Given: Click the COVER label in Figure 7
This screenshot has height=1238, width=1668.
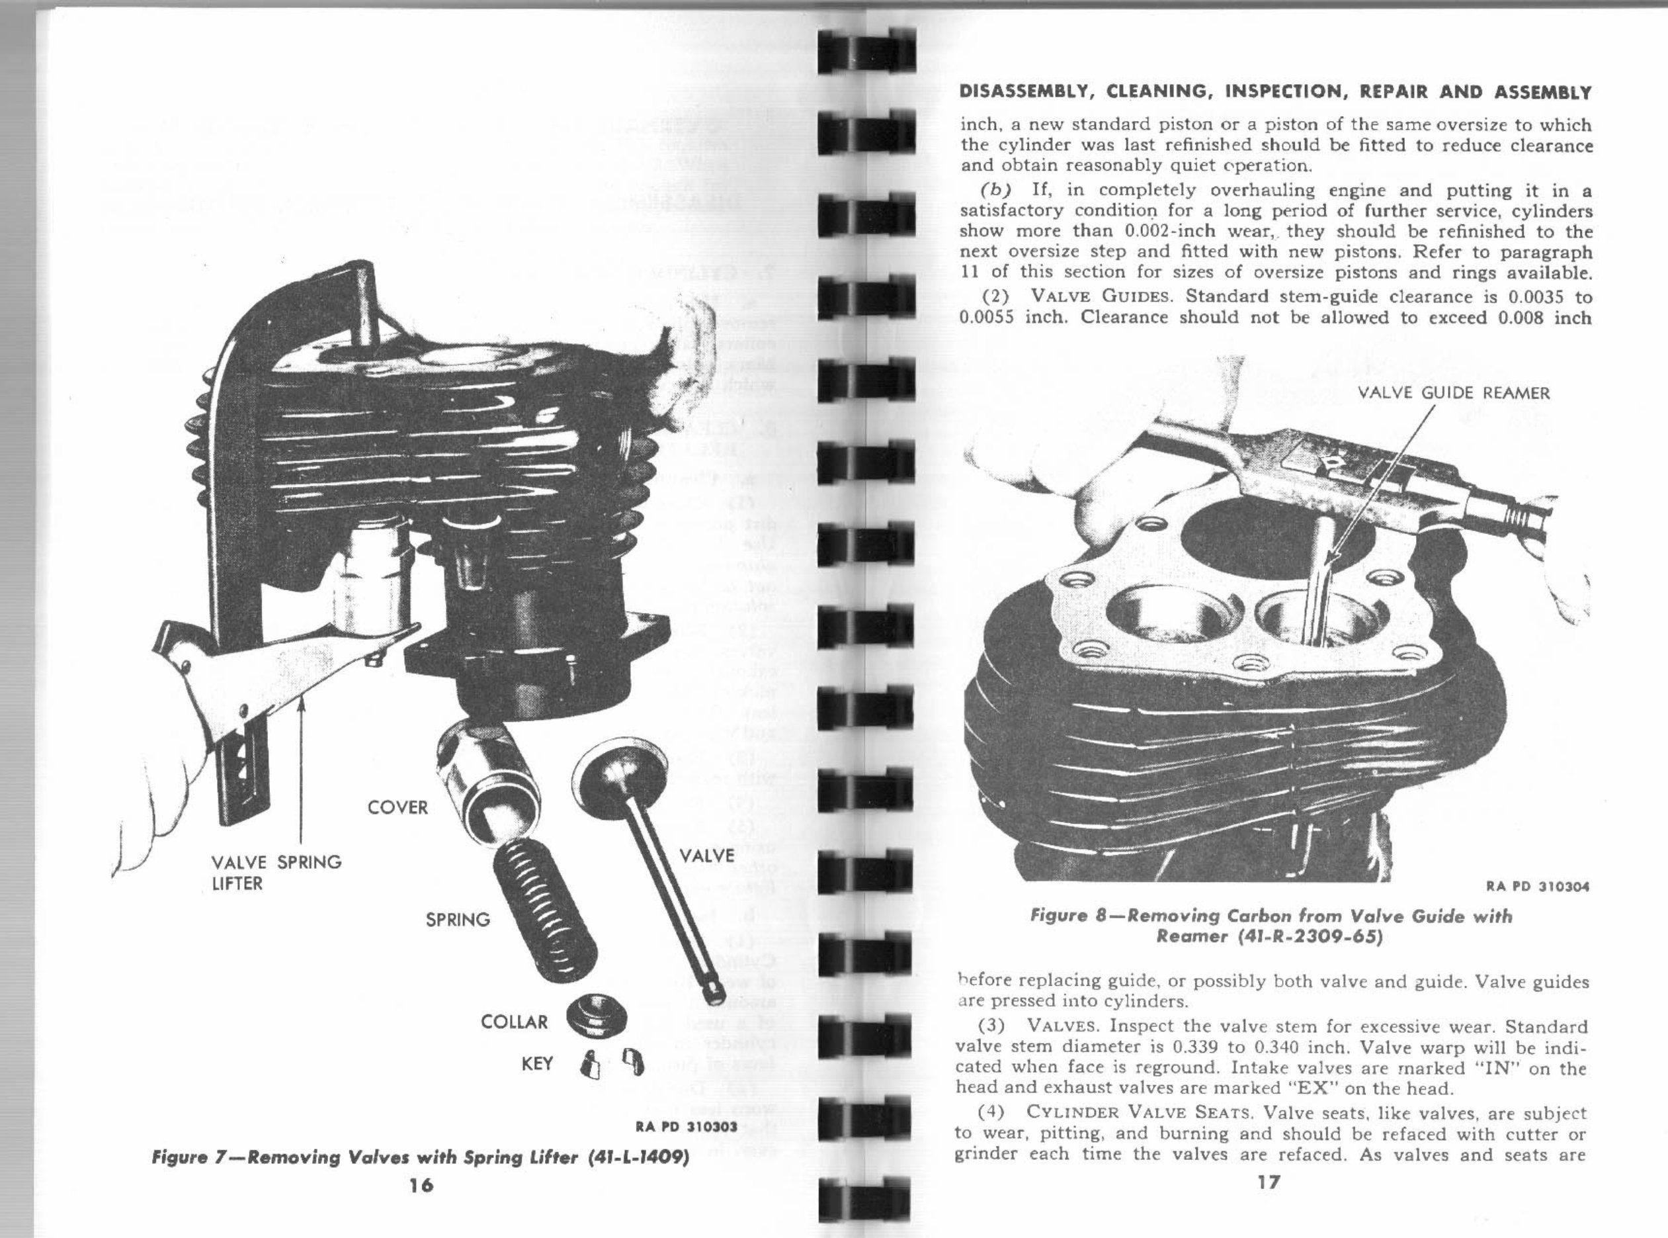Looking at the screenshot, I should point(397,808).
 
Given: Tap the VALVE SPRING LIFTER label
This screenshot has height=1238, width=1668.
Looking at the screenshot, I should point(276,872).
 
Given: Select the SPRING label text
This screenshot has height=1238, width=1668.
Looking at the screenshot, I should point(458,920).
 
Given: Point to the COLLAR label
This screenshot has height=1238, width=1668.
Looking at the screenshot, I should point(515,1022).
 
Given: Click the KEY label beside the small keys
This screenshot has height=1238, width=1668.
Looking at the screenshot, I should point(537,1063).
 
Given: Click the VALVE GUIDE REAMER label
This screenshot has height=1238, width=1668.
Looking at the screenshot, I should point(1454,394).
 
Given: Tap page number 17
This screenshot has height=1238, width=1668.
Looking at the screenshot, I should point(1269,1182).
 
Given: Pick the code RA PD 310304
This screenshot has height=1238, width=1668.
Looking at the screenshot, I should point(1537,887).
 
